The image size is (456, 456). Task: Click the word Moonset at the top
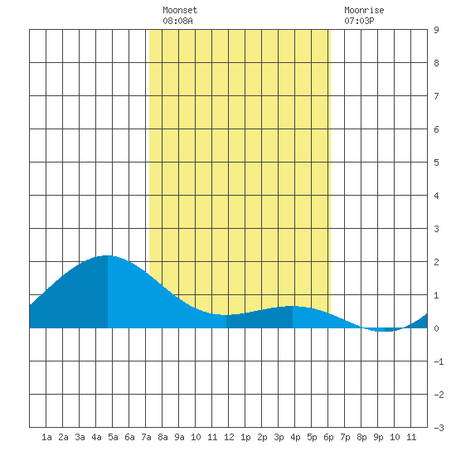[180, 10]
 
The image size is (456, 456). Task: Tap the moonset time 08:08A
[177, 21]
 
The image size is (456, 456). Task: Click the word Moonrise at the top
[364, 10]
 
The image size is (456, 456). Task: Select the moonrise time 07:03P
[359, 21]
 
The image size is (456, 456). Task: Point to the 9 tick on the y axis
[436, 30]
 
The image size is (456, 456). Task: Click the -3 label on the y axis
[439, 428]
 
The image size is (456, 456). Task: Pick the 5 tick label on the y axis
[436, 163]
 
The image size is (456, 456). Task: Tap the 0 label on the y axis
[436, 328]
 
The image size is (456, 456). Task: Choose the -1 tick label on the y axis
[439, 361]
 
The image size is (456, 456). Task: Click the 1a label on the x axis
[46, 437]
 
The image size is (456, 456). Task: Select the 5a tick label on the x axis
[113, 437]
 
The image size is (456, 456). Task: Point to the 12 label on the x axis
[229, 437]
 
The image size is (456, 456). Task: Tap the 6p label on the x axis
[328, 437]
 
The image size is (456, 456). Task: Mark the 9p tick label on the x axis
[378, 437]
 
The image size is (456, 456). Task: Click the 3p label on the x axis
[279, 437]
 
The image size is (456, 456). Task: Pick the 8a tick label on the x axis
[163, 437]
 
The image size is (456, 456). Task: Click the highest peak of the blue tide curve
[107, 255]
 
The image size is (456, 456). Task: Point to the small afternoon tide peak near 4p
[293, 306]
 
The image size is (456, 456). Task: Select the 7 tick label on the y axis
[436, 96]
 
